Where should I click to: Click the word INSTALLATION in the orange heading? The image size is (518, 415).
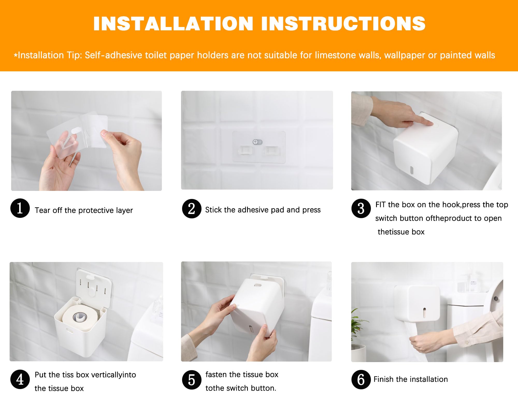point(173,24)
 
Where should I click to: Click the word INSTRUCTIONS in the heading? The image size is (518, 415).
point(343,24)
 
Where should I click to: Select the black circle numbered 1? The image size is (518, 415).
point(20,208)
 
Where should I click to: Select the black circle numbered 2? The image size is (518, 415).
point(192,209)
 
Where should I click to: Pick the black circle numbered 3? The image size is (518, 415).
point(361,208)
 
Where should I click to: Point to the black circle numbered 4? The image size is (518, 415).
point(20,379)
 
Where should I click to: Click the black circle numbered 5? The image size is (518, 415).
point(192,380)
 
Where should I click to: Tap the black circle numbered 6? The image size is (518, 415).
point(361,379)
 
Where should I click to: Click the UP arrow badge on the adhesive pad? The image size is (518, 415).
point(257,142)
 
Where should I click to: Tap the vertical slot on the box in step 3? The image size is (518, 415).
point(412,170)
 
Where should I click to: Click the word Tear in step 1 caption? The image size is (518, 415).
point(42,210)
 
